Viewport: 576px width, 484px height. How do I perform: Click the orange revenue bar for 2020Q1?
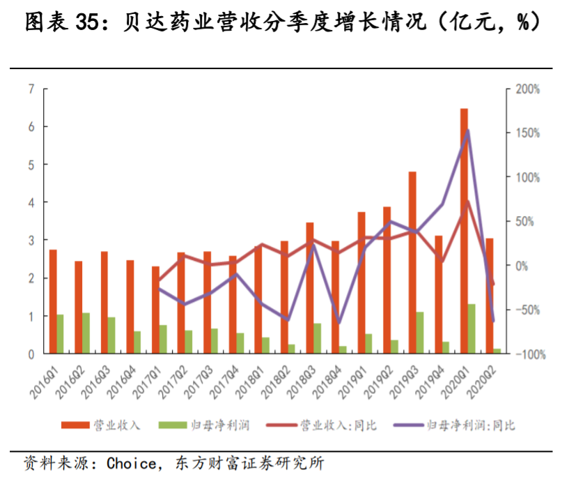pos(464,232)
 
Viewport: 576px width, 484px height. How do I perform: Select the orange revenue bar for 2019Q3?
pos(412,263)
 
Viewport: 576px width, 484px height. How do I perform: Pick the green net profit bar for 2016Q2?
pos(86,333)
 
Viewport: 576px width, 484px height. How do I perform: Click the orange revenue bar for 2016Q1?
pos(53,301)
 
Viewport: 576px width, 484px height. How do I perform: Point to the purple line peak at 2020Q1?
pos(467,131)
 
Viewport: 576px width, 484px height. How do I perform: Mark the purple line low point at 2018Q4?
pos(339,323)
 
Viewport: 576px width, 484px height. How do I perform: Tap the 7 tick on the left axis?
pos(31,89)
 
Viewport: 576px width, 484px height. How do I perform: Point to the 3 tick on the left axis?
pos(31,241)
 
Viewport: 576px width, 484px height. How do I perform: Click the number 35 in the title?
pos(87,24)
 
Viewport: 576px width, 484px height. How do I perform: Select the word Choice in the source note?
pos(132,462)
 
